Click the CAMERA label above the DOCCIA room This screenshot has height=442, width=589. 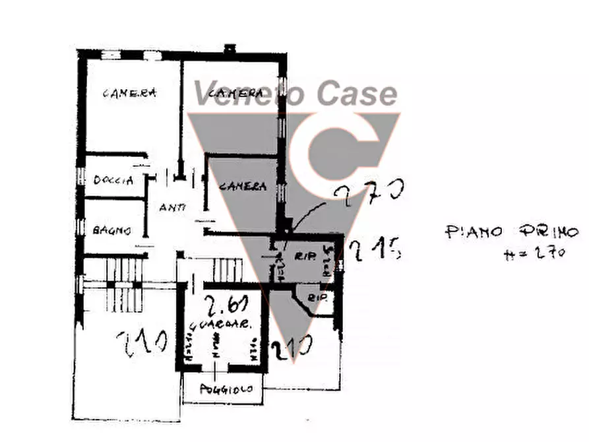coord(129,93)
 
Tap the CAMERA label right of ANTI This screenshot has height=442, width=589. coord(243,187)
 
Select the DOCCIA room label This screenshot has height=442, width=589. coord(113,179)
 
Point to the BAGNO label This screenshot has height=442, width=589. coord(111,230)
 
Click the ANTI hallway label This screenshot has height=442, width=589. coord(172,207)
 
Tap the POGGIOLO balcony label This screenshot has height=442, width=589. coord(226,389)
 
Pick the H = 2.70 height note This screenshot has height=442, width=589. coord(534,252)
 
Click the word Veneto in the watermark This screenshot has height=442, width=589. coord(250,94)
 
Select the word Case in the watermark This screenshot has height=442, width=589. coord(357,94)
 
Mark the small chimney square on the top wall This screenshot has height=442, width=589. coord(230,48)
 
